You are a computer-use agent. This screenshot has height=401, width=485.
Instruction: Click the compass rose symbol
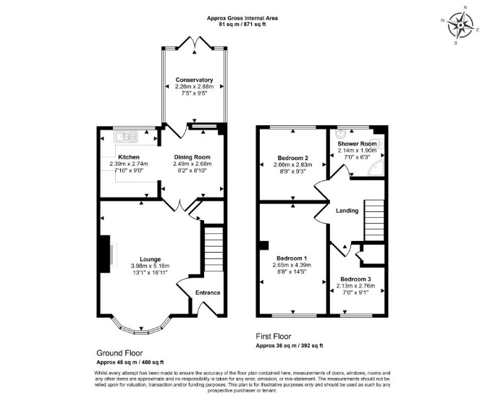(x=460, y=25)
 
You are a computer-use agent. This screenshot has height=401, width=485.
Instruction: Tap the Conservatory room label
(x=194, y=80)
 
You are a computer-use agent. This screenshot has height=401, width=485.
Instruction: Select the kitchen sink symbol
(x=126, y=137)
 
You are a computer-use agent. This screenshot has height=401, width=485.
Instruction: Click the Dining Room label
(x=192, y=157)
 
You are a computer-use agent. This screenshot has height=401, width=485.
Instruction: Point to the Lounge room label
(x=151, y=259)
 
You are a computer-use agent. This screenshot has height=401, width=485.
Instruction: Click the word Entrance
(x=208, y=292)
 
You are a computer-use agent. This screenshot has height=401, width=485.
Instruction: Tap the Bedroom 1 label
(x=292, y=258)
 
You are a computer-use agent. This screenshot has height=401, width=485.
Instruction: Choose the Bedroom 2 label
(x=292, y=158)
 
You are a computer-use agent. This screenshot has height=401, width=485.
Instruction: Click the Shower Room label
(x=358, y=144)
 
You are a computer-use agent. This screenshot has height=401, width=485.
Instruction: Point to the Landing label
(x=347, y=211)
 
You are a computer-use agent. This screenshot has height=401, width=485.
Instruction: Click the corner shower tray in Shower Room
(x=376, y=169)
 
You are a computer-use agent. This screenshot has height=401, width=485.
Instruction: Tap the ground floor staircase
(x=214, y=249)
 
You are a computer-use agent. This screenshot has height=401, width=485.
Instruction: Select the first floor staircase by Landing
(x=374, y=221)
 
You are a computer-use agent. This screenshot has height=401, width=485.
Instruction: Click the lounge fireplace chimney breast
(x=104, y=254)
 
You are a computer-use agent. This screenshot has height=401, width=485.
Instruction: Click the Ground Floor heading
(x=119, y=353)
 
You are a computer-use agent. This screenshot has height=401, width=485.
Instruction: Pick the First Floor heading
(x=274, y=336)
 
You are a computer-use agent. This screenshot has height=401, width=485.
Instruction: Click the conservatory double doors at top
(x=195, y=43)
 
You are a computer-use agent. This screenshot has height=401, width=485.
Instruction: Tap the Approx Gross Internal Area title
(x=242, y=18)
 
